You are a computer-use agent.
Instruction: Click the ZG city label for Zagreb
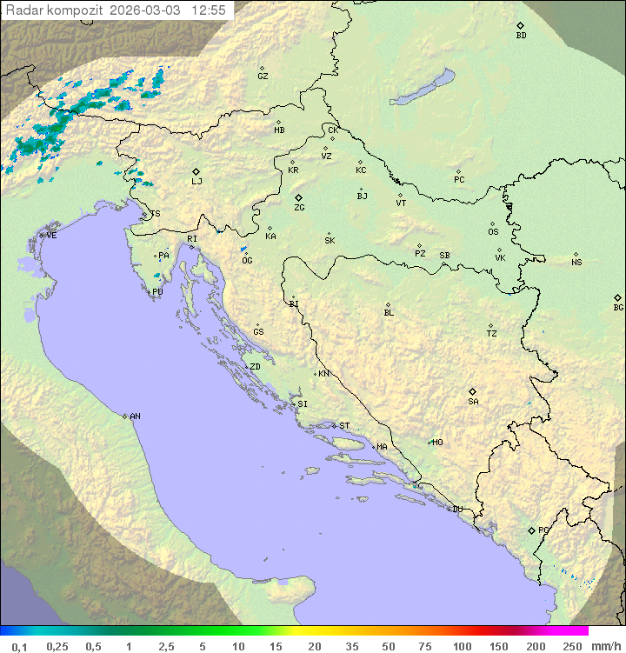click(x=299, y=209)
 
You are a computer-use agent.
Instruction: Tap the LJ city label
click(x=196, y=182)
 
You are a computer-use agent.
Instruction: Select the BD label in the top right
click(x=521, y=36)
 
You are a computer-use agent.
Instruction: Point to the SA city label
click(x=473, y=402)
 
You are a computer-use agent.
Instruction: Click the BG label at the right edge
click(x=618, y=308)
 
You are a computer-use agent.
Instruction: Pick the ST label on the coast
click(x=344, y=426)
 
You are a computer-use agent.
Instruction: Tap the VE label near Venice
click(x=51, y=236)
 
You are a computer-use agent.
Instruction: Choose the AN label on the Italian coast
click(x=135, y=416)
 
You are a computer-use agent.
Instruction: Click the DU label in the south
click(x=456, y=510)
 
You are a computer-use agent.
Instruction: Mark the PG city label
click(x=543, y=530)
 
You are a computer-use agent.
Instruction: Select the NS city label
click(x=576, y=263)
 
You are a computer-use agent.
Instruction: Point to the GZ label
click(x=263, y=77)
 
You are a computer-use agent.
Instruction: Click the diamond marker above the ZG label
click(x=298, y=197)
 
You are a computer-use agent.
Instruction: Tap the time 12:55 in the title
click(x=209, y=10)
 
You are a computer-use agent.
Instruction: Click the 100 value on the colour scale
click(x=462, y=646)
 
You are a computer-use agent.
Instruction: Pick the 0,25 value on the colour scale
click(x=57, y=646)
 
